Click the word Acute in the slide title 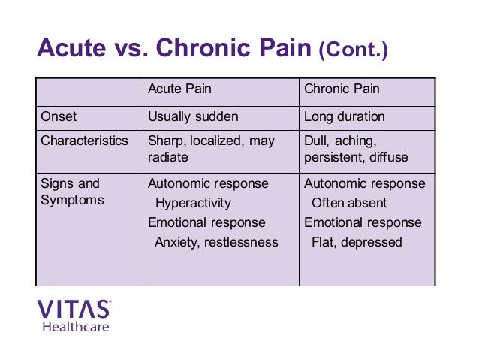coord(70,50)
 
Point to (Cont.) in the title coord(354,51)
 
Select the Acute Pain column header coord(179,89)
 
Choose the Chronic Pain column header coord(342,89)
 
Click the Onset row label coord(59,117)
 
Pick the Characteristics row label coord(84,141)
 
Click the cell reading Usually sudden coord(193,117)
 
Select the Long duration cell coord(344,117)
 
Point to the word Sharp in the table coord(166,141)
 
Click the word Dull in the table coord(316,141)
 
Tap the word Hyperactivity coord(193,203)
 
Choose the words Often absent coord(349,203)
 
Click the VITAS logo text coord(74,309)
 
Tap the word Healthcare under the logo coord(75,326)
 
